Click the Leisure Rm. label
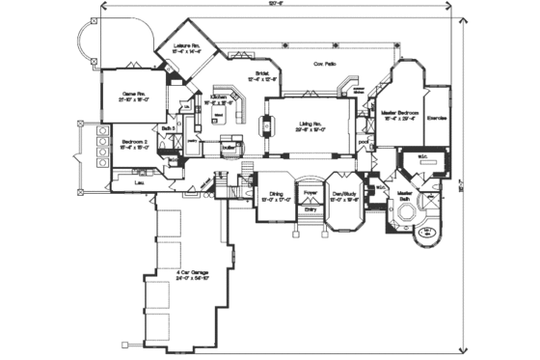pos(186,45)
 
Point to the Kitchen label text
pos(218,97)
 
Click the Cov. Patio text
pos(324,64)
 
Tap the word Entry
pos(310,208)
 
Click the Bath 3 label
pos(168,128)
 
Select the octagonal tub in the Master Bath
pos(425,233)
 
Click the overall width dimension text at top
pos(279,5)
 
